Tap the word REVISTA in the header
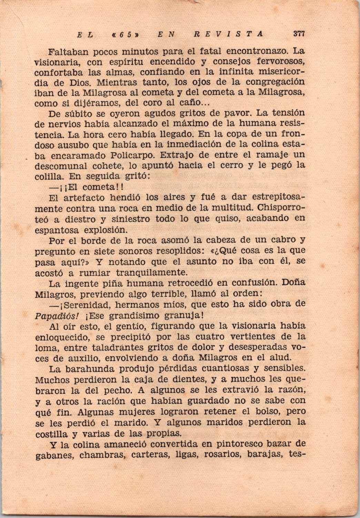pyautogui.click(x=228, y=34)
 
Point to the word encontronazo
pyautogui.click(x=257, y=52)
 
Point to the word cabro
pyautogui.click(x=282, y=240)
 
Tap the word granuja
pyautogui.click(x=180, y=316)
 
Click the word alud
pyautogui.click(x=295, y=358)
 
